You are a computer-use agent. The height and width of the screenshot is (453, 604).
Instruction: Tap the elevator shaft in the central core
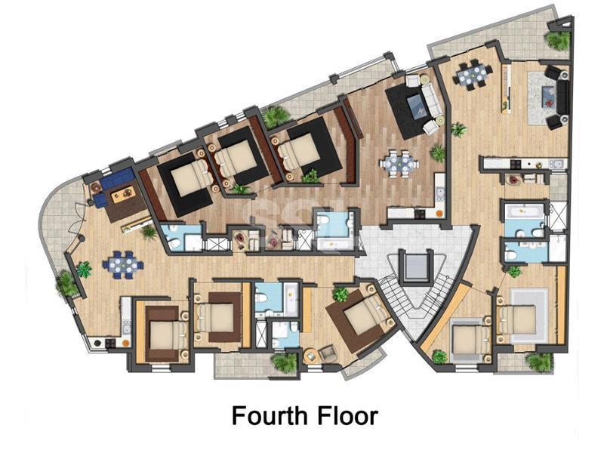pyautogui.click(x=417, y=267)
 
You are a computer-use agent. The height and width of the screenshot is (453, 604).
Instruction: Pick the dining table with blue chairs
pyautogui.click(x=123, y=263)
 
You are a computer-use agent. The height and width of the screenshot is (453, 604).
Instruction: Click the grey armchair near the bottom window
pyautogui.click(x=328, y=353)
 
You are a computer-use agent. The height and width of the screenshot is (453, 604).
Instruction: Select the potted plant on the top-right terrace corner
pyautogui.click(x=557, y=41)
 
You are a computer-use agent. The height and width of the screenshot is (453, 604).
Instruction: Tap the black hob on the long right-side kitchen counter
pyautogui.click(x=516, y=164)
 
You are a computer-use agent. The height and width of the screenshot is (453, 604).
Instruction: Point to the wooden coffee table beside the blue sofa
pyautogui.click(x=123, y=194)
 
